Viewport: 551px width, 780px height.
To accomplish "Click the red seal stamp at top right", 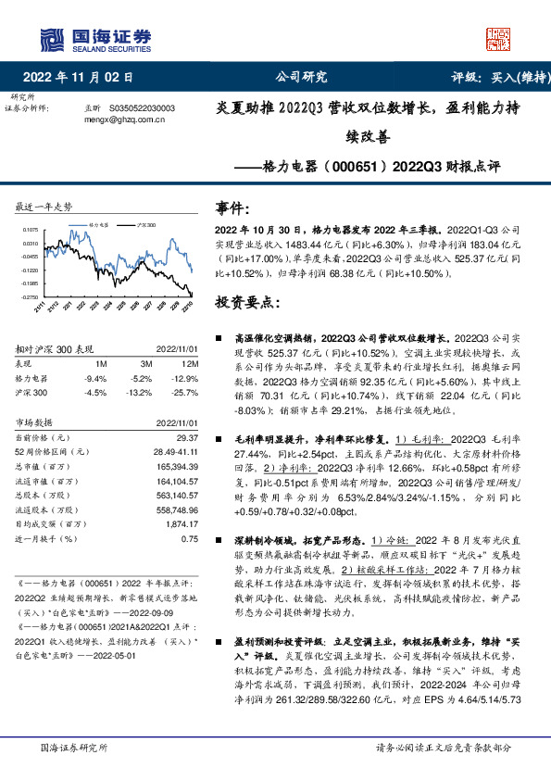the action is point(498,37).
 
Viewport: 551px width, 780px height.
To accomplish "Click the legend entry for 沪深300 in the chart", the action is point(147,224).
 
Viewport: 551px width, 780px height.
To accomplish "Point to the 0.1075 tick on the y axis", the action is point(31,229).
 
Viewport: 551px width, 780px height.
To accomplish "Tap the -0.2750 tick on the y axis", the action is point(31,297).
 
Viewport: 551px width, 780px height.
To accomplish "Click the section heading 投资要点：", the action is point(248,302).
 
